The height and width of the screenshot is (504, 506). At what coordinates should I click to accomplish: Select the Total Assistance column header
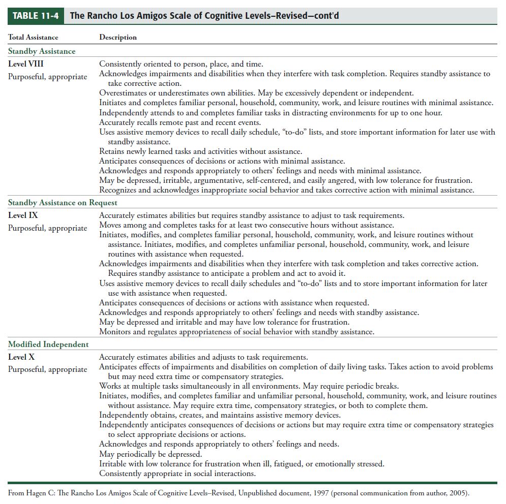coord(33,37)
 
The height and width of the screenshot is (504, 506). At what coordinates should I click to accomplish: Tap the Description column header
coord(118,37)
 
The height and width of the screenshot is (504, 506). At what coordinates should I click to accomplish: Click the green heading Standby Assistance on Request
coord(63,203)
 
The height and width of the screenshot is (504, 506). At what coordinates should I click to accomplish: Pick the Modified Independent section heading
coord(48,344)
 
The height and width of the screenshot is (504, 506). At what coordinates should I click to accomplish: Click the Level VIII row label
coord(26,64)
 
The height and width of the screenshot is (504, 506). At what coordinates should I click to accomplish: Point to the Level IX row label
coord(23,215)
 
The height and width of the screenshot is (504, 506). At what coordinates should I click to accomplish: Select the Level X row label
coord(21,357)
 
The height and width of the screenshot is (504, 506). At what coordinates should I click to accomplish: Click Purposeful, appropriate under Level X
coord(48,369)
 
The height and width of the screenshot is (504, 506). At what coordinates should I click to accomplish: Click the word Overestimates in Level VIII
coord(123,93)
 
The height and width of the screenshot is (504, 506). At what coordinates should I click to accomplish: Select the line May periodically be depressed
coord(151,454)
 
